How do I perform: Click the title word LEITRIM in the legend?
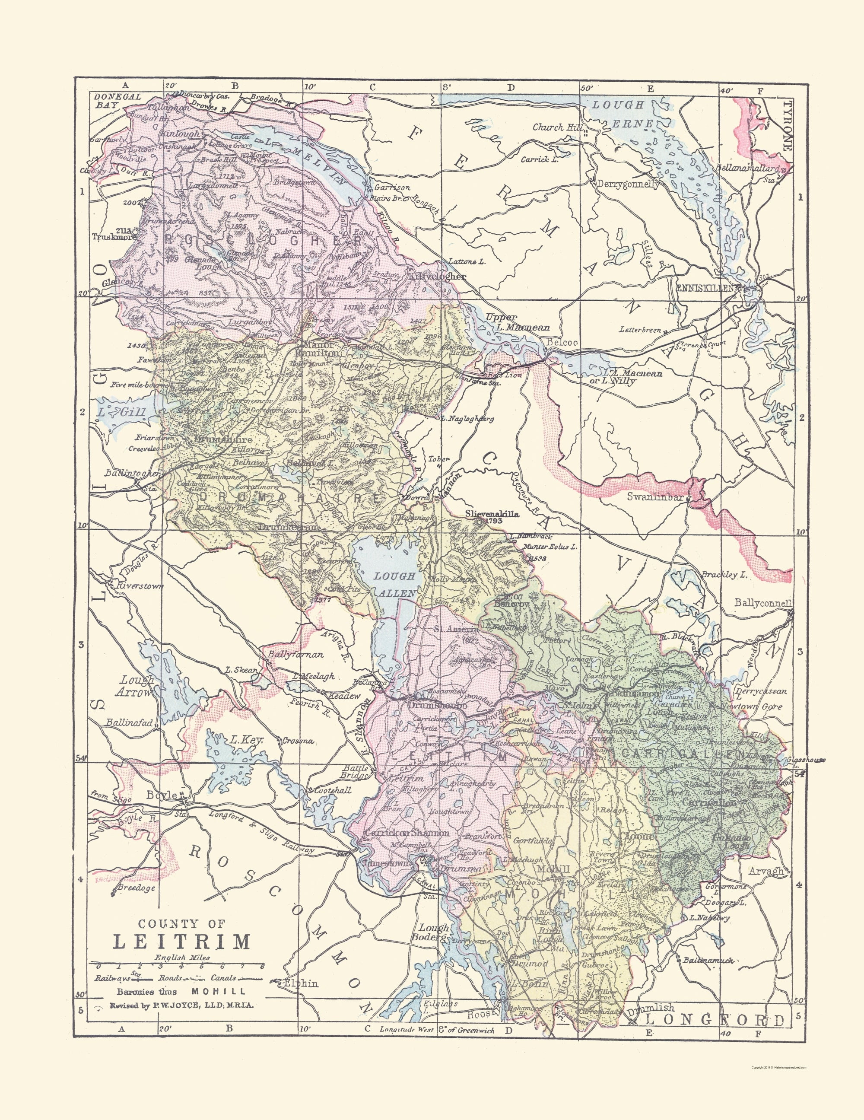[x=181, y=942]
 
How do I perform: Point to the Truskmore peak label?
[x=114, y=237]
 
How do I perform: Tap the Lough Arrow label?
[x=135, y=686]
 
